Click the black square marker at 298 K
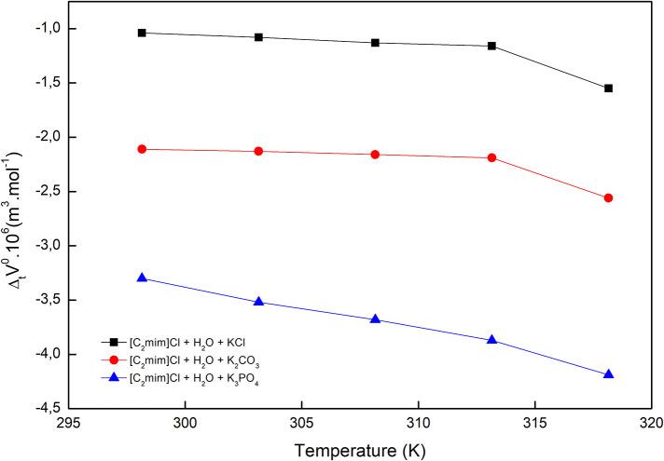click(142, 33)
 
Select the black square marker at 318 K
click(608, 88)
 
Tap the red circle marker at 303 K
click(258, 151)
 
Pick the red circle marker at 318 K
click(608, 197)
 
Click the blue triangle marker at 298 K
click(142, 278)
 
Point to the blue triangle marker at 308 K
click(375, 319)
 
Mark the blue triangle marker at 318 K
click(608, 373)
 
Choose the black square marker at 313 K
click(491, 46)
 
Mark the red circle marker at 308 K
click(375, 154)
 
